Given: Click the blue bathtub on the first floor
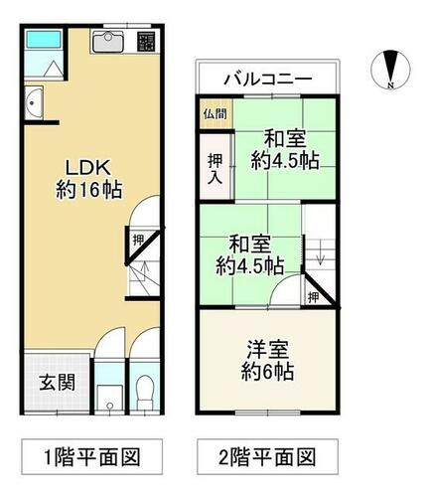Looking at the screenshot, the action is click(44, 39).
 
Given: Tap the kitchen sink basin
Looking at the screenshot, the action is click(108, 42).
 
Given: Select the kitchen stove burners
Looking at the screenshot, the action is click(146, 42).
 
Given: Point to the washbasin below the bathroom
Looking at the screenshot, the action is click(34, 102).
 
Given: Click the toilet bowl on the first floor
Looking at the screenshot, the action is click(145, 392).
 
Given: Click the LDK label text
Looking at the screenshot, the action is click(87, 168).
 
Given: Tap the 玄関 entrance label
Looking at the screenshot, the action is click(58, 383).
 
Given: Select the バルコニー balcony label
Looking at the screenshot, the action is click(268, 80).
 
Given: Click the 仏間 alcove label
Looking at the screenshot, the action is click(215, 114).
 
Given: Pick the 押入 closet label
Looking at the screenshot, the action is click(215, 169).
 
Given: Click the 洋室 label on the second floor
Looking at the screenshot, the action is click(267, 349).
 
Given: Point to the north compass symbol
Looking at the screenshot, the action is click(390, 70).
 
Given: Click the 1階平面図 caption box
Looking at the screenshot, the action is click(92, 456).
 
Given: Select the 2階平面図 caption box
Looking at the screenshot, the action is click(267, 456).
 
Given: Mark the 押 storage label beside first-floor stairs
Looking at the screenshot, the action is click(138, 240).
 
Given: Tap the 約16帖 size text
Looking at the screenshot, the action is click(89, 191).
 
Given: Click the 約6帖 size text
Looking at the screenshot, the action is click(267, 372).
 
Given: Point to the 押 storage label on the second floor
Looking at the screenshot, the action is click(313, 297).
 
